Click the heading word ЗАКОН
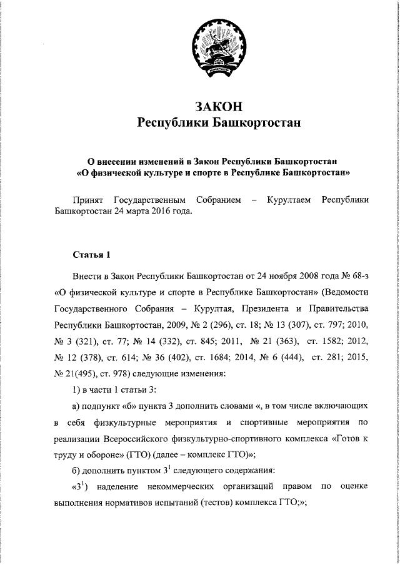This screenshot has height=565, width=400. [x=218, y=106]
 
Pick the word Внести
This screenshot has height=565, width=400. [x=86, y=275]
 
